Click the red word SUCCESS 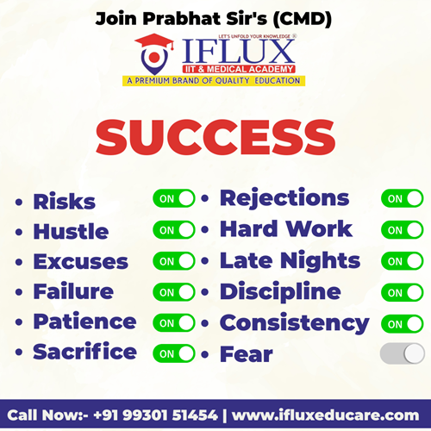(215, 137)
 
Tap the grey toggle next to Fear (402, 353)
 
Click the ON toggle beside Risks (174, 198)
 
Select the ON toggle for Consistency (402, 324)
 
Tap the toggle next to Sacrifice (174, 353)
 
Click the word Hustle (71, 231)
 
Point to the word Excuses (81, 261)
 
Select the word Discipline (280, 292)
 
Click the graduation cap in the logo (154, 42)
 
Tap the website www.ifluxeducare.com (325, 415)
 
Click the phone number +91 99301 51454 (155, 415)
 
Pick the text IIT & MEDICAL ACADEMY (239, 69)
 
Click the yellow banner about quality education (214, 81)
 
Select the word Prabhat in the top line (182, 19)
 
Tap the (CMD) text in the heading (302, 20)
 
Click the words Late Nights (290, 260)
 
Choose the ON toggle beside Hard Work (402, 230)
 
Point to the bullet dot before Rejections (205, 198)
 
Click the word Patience (84, 321)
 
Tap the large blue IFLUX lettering (238, 52)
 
